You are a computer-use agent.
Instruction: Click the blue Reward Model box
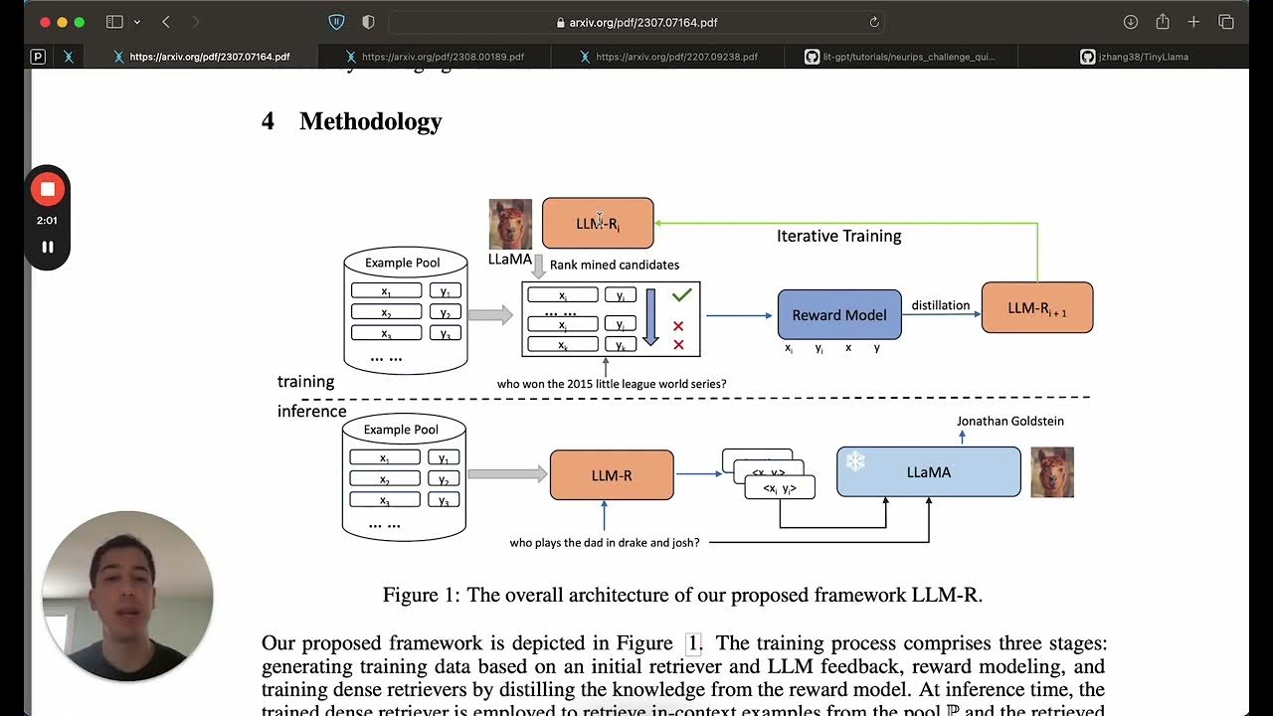click(x=838, y=314)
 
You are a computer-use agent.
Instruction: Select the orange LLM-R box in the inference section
click(x=611, y=475)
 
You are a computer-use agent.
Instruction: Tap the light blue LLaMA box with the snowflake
click(x=928, y=472)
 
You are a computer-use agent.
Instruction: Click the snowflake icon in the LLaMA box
click(x=855, y=461)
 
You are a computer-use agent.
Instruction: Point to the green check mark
click(x=681, y=294)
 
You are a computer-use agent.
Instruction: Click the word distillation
click(x=940, y=305)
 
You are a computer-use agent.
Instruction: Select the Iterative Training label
click(x=838, y=236)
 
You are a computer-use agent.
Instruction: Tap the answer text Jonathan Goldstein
click(x=1009, y=421)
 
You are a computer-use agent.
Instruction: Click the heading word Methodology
click(x=370, y=121)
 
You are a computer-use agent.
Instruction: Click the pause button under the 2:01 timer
click(x=47, y=247)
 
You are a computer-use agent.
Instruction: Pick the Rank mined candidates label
click(x=614, y=265)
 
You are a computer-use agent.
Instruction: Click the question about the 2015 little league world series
click(x=612, y=384)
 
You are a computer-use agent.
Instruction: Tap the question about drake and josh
click(x=605, y=543)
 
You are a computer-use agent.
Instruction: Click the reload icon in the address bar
click(x=874, y=22)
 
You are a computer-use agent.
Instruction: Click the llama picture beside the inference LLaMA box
click(x=1052, y=472)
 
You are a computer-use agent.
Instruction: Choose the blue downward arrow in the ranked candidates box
click(x=650, y=317)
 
